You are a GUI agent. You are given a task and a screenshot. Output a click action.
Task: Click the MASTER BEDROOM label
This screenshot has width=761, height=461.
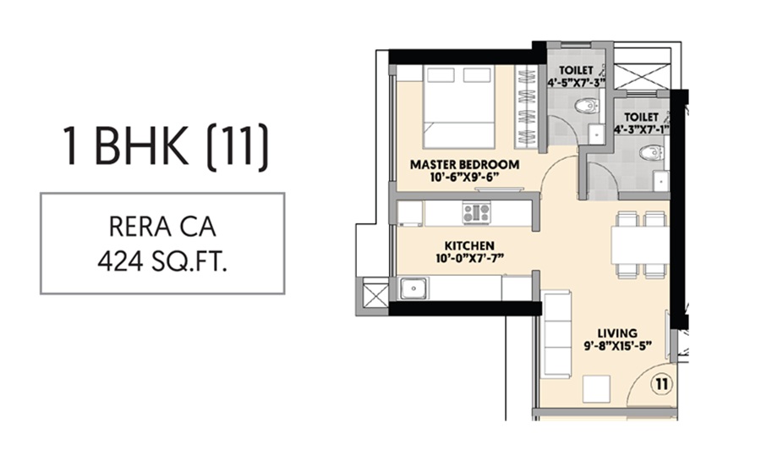pyautogui.click(x=464, y=163)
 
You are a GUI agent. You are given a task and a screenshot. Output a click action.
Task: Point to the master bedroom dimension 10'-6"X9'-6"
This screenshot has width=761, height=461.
pyautogui.click(x=464, y=177)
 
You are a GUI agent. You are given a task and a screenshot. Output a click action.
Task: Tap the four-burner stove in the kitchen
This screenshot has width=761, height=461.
pyautogui.click(x=476, y=212)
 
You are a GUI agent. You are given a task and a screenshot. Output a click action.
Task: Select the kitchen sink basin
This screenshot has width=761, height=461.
pyautogui.click(x=415, y=288)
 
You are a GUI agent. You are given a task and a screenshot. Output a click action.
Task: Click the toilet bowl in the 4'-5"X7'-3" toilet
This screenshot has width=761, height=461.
pyautogui.click(x=587, y=106)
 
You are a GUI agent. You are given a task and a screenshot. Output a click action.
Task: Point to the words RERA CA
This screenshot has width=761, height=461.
pyautogui.click(x=163, y=228)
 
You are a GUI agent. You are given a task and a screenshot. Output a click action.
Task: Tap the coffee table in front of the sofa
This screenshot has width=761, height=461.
pyautogui.click(x=598, y=387)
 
